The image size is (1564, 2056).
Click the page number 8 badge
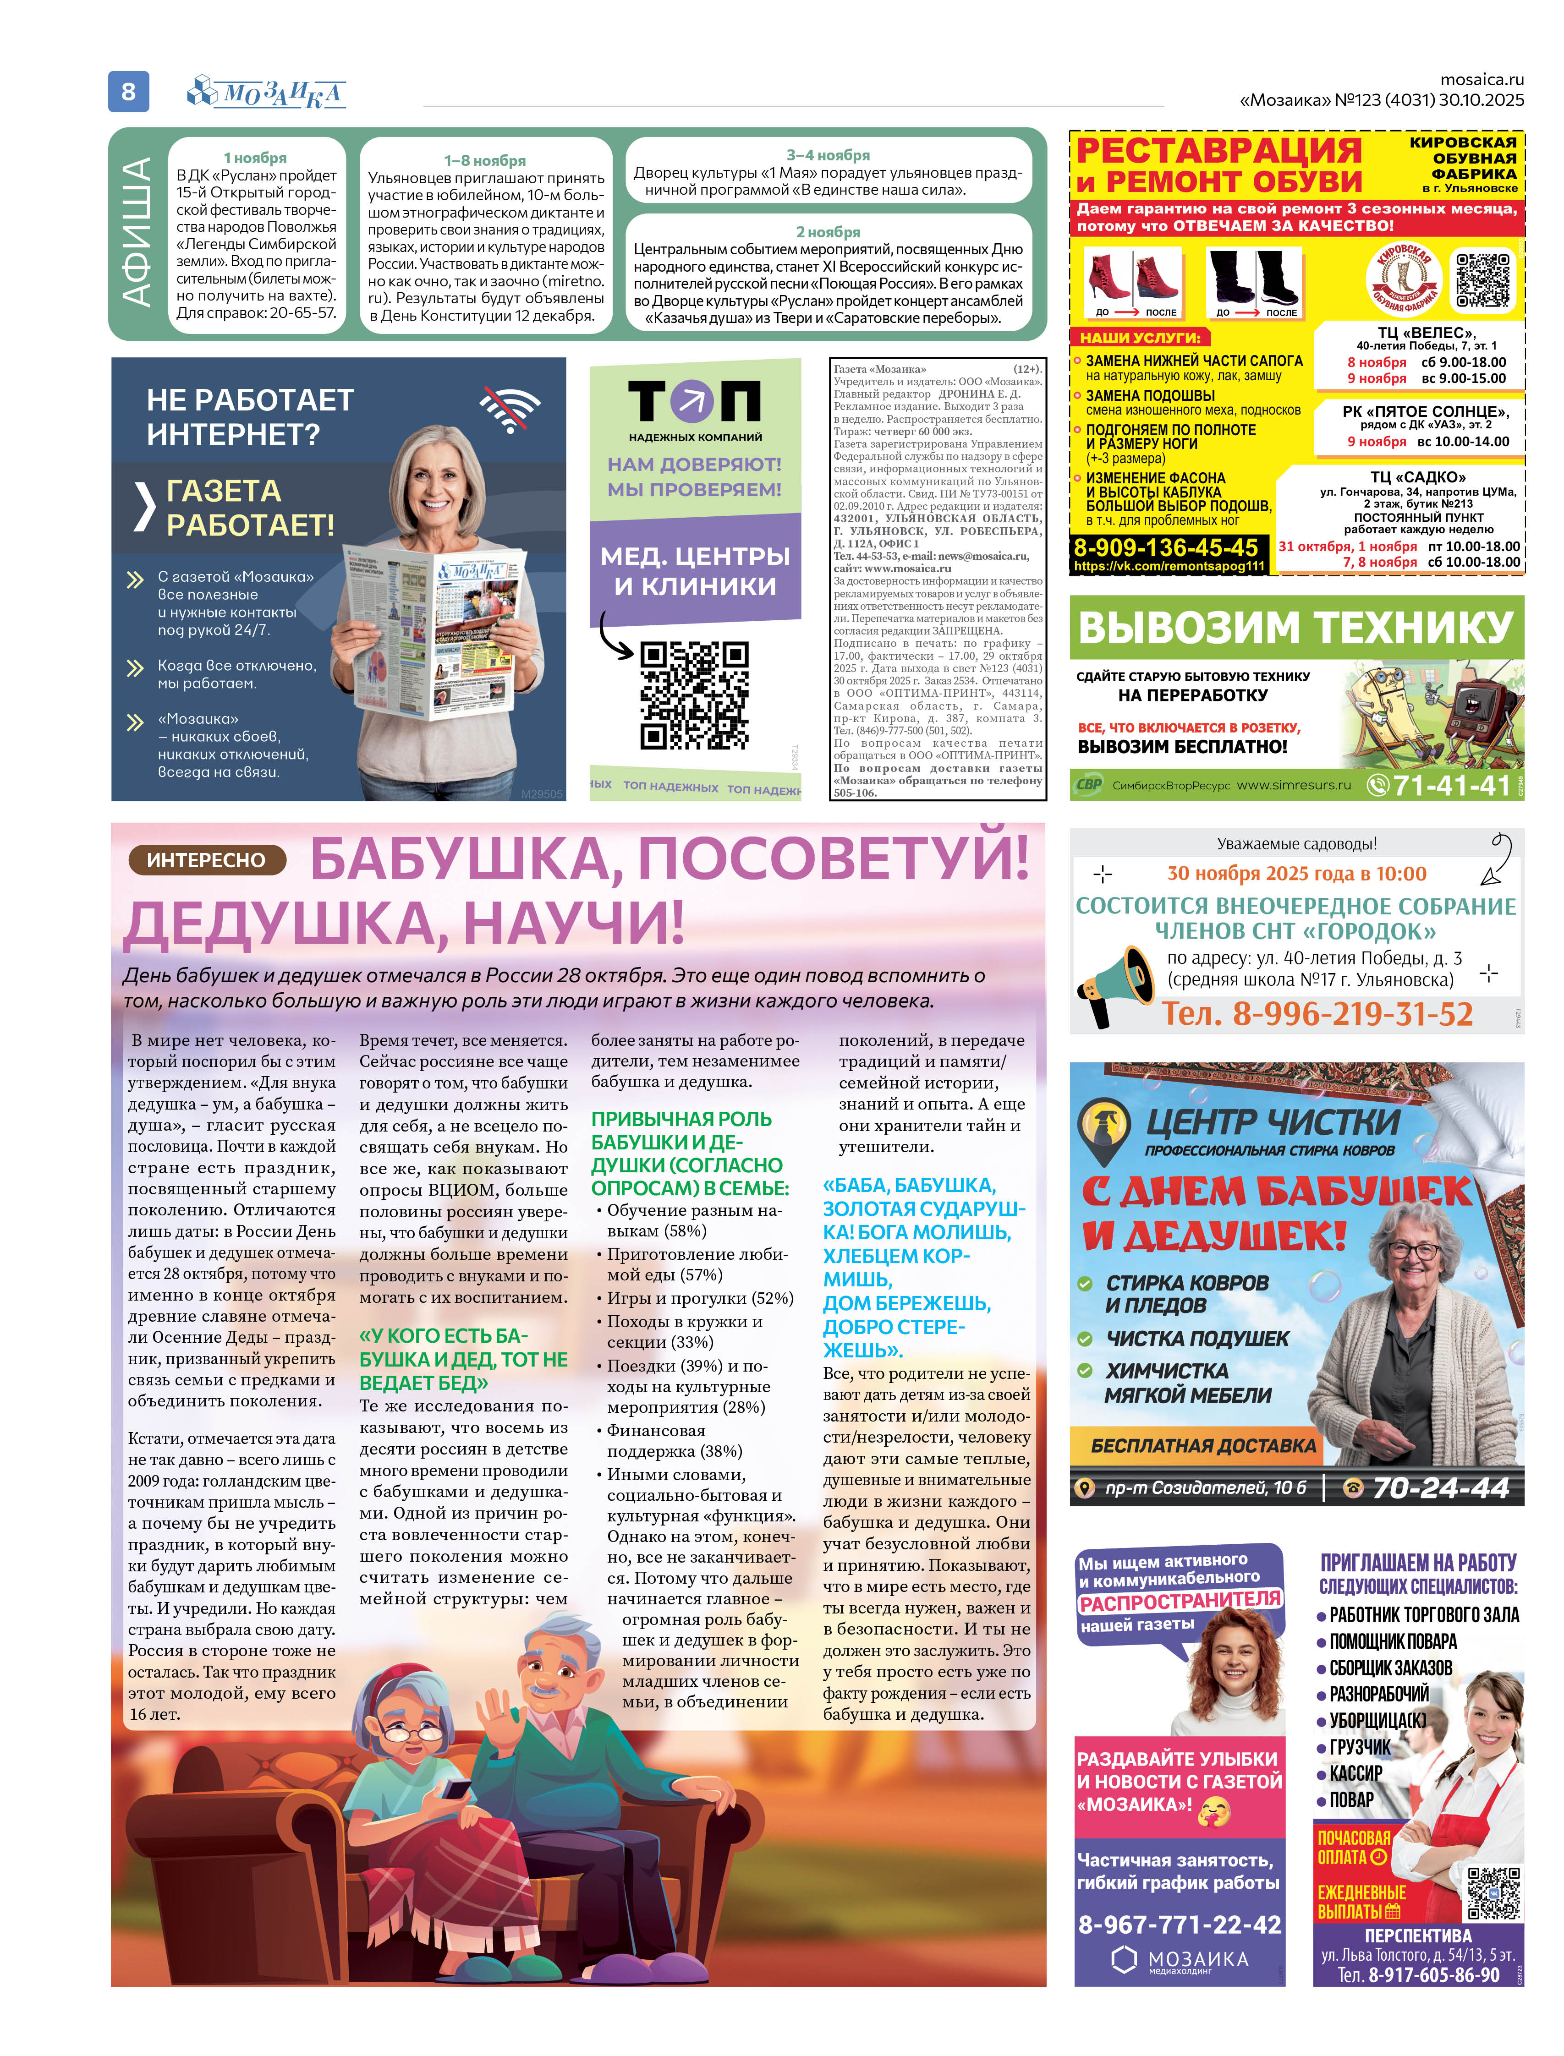[128, 91]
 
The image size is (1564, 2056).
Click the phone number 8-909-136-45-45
[1165, 547]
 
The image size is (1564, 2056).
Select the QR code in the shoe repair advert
[1482, 279]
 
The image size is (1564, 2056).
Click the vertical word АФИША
[138, 233]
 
